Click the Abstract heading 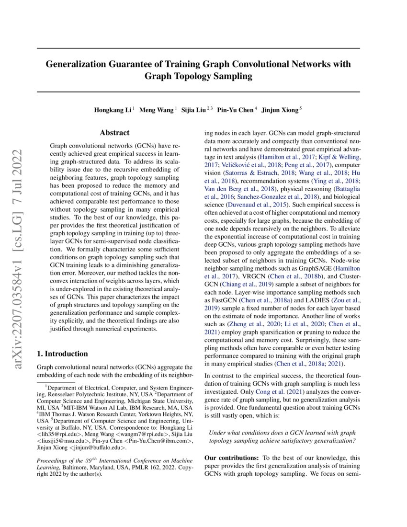(114, 133)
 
